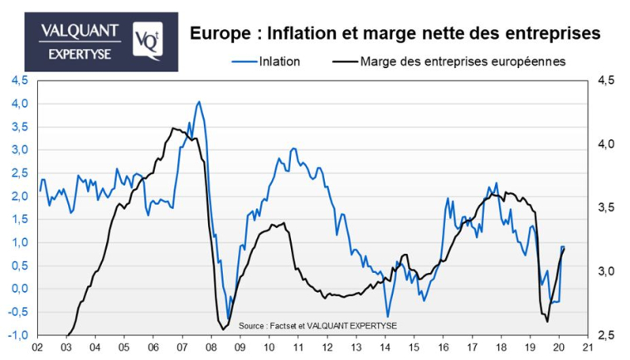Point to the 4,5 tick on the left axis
point(18,80)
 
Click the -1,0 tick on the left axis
point(17,335)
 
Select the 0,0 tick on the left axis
point(18,289)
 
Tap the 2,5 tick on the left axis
point(18,173)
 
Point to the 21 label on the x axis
point(588,348)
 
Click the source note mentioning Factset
point(317,325)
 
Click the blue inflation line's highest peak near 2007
point(198,102)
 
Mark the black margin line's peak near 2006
point(172,129)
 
